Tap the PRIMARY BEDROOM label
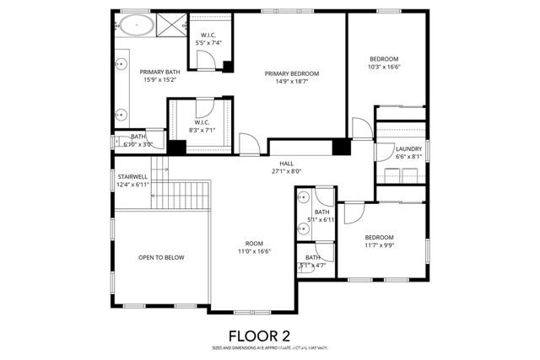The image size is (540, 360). click(290, 73)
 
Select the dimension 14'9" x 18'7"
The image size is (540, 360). click(290, 82)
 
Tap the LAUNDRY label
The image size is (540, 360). click(408, 148)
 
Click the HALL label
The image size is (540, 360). click(287, 163)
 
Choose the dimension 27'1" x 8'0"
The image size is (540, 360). click(287, 171)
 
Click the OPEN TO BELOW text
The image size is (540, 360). click(161, 258)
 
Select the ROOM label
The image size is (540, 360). click(253, 243)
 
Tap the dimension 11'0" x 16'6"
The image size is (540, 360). click(253, 251)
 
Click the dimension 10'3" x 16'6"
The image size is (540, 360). click(385, 67)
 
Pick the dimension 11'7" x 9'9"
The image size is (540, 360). click(381, 245)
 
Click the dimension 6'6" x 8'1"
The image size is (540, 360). click(408, 156)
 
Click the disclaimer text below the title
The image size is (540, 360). click(269, 347)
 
